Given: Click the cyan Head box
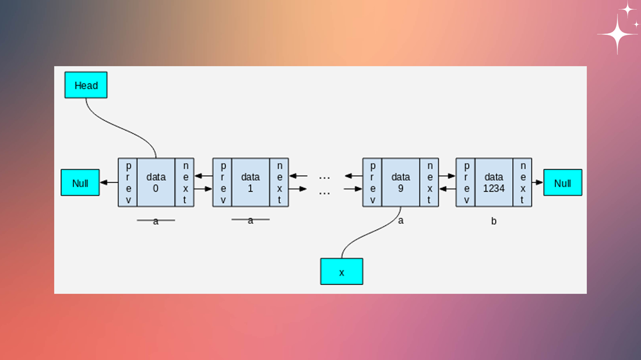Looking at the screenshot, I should point(86,85).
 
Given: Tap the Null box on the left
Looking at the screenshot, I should point(80,182).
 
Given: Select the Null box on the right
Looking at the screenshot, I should point(562,182).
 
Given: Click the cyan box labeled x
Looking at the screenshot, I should point(341,271).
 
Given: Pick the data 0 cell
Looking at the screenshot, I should point(156,182).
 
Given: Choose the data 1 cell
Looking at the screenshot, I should point(251,182).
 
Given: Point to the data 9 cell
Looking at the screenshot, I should point(400,182).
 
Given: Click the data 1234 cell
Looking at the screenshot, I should point(494,182).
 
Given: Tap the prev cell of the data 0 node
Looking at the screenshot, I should point(128,182).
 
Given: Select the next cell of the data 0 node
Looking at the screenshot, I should point(185,182).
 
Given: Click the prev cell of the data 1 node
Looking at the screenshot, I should point(223,182).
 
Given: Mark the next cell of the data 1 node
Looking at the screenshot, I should point(279,182).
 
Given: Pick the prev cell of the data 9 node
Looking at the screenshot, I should point(372,182).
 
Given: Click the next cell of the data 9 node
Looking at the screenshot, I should point(429,182).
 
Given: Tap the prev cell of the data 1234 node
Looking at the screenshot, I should point(466,182).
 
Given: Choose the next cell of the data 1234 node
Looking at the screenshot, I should point(523,182).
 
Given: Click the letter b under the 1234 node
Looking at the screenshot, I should point(494,221).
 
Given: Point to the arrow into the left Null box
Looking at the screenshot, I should point(109,182).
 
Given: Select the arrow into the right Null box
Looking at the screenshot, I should point(537,182).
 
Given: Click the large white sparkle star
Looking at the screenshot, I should point(618,35).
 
